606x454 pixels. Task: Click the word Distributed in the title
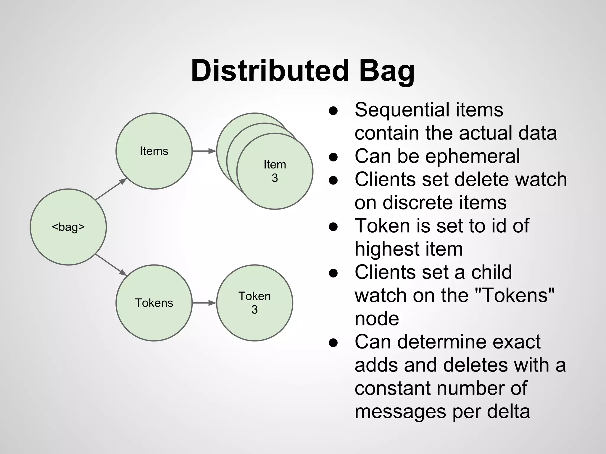click(x=270, y=71)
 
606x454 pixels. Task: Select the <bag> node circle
click(x=68, y=227)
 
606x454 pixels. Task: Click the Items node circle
click(x=154, y=151)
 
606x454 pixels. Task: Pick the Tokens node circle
click(x=154, y=303)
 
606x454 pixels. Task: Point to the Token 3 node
click(x=254, y=303)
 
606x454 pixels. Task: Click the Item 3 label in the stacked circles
click(x=275, y=171)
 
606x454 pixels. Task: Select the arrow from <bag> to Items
click(x=111, y=189)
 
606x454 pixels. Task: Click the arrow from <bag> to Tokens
click(x=111, y=265)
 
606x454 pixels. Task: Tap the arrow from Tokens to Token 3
click(x=204, y=303)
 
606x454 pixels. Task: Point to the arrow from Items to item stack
click(x=204, y=151)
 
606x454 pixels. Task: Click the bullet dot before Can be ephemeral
click(x=333, y=157)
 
